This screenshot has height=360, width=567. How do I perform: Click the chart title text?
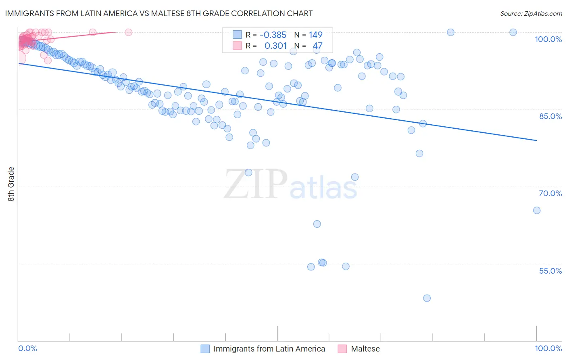pyautogui.click(x=158, y=13)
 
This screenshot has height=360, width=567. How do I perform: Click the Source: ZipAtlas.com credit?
pyautogui.click(x=531, y=13)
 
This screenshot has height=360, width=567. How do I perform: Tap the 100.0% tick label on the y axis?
pyautogui.click(x=548, y=39)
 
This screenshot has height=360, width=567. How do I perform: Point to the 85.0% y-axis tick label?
pyautogui.click(x=550, y=116)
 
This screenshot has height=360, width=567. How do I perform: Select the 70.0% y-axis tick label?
pyautogui.click(x=550, y=193)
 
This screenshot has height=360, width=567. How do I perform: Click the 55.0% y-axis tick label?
pyautogui.click(x=550, y=271)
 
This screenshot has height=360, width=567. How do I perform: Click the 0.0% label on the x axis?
pyautogui.click(x=27, y=348)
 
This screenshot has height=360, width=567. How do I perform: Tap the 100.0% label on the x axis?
pyautogui.click(x=548, y=348)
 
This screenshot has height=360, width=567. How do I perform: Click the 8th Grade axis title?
pyautogui.click(x=11, y=184)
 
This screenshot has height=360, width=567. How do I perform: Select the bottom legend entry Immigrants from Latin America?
pyautogui.click(x=269, y=349)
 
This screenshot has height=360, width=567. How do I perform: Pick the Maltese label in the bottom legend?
pyautogui.click(x=365, y=349)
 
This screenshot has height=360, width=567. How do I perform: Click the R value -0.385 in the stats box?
pyautogui.click(x=273, y=35)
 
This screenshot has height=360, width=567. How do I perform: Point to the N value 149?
pyautogui.click(x=315, y=35)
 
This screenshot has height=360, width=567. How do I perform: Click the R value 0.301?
pyautogui.click(x=275, y=46)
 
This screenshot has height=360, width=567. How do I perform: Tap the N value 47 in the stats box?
pyautogui.click(x=317, y=46)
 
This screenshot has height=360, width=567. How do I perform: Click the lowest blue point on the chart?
pyautogui.click(x=427, y=298)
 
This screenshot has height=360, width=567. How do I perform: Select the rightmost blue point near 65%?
pyautogui.click(x=536, y=210)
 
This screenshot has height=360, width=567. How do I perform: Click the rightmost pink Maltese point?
pyautogui.click(x=128, y=32)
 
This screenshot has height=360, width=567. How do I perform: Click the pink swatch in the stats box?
pyautogui.click(x=237, y=46)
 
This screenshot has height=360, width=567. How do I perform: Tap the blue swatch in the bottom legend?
pyautogui.click(x=205, y=349)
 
